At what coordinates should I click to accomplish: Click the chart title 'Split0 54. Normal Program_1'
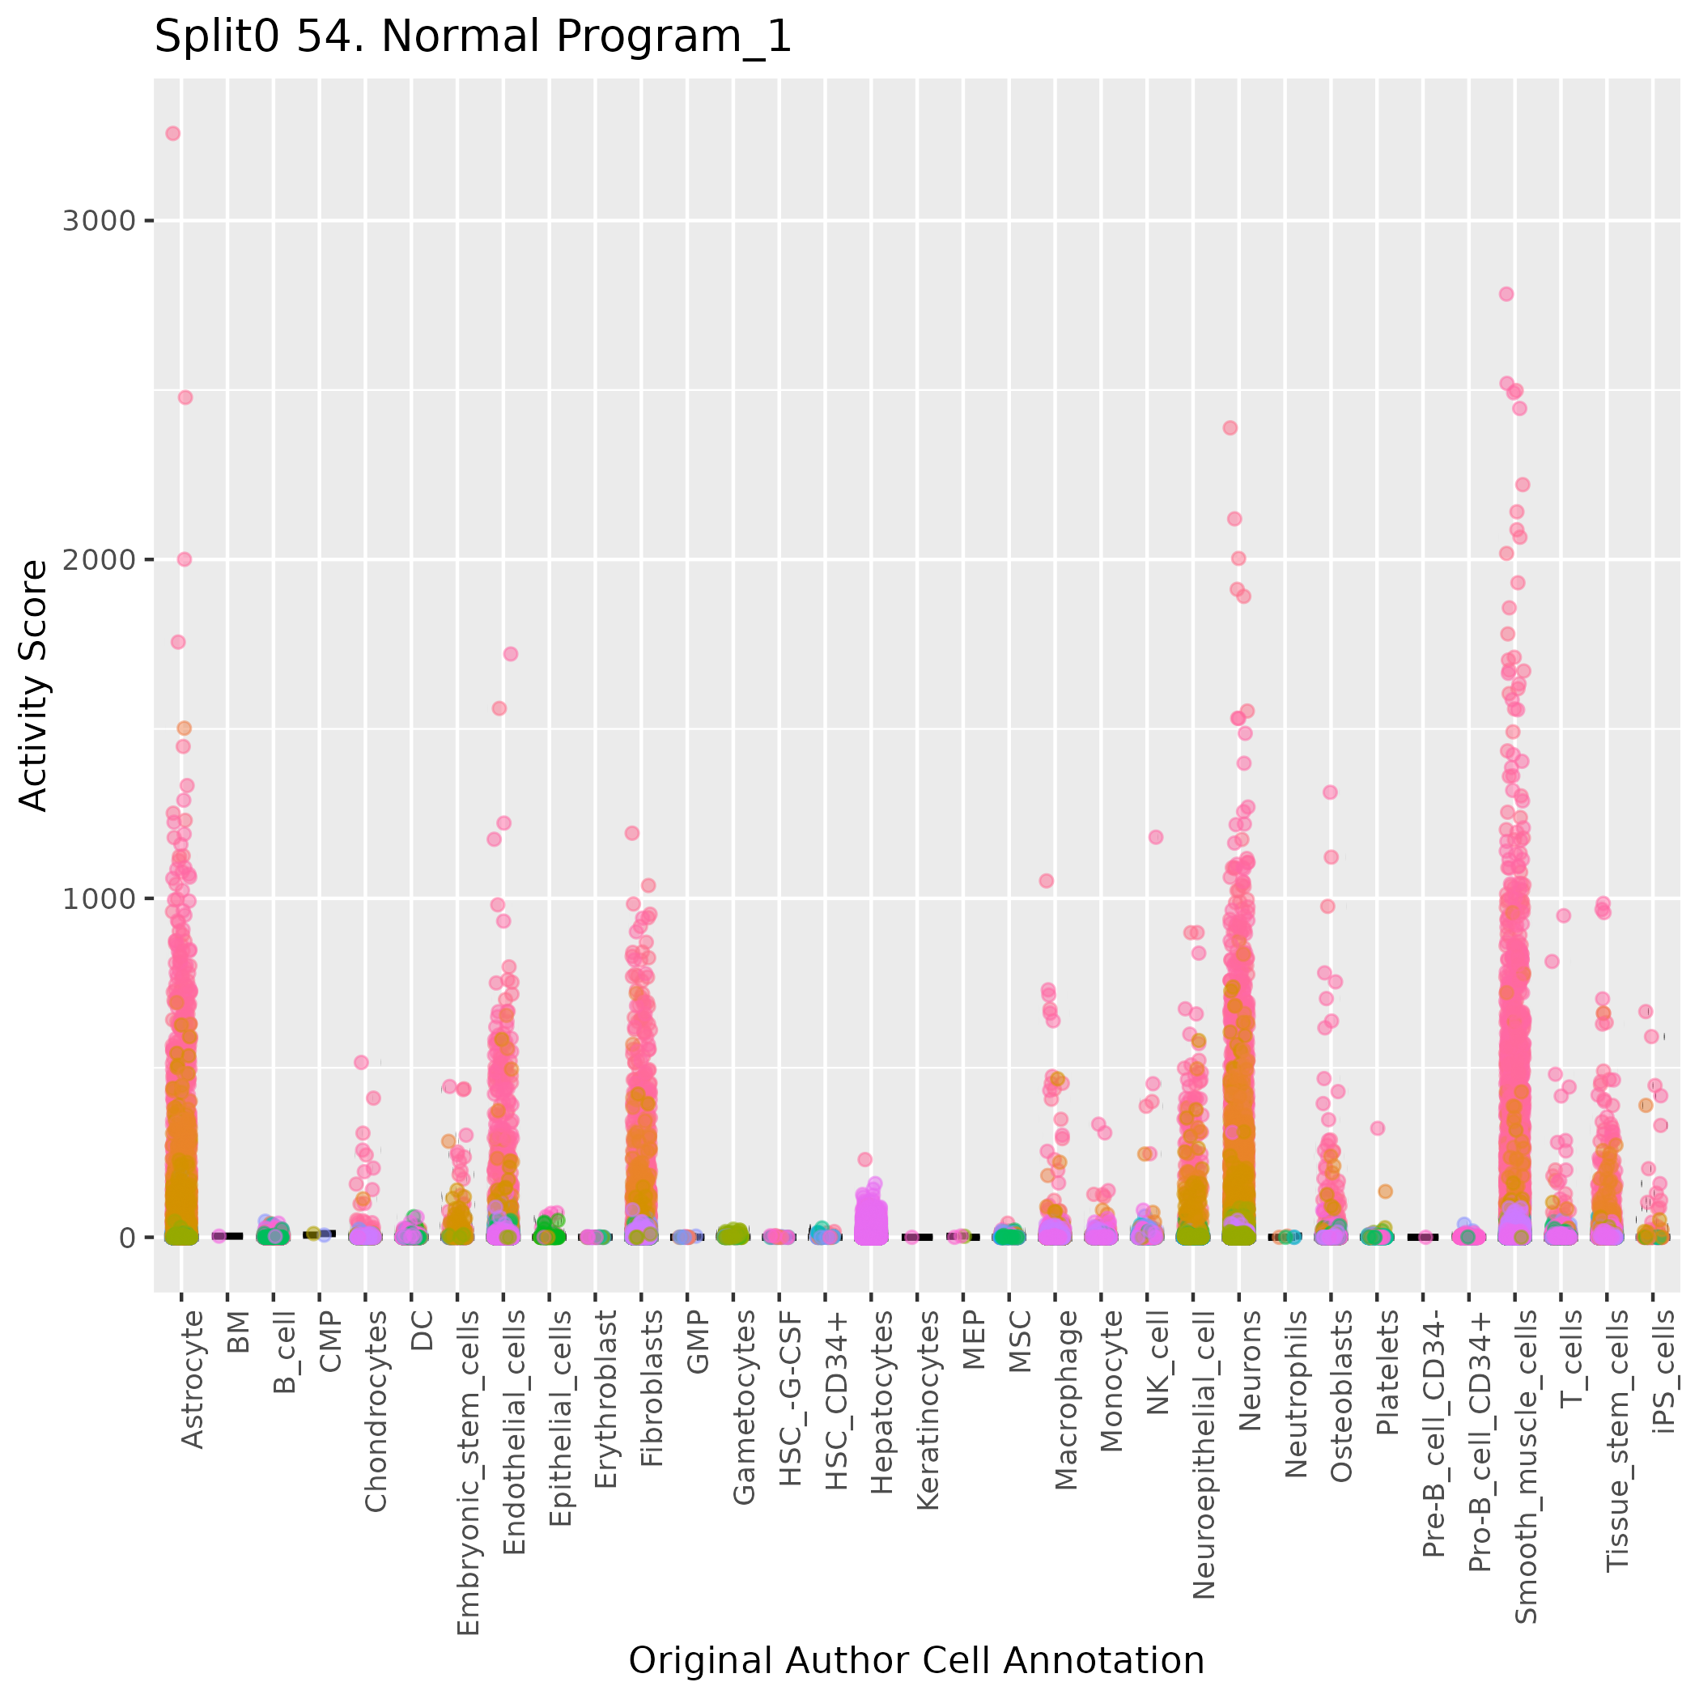click(474, 38)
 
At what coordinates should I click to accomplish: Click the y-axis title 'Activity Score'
click(33, 685)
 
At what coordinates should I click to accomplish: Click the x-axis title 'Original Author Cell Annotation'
click(915, 1660)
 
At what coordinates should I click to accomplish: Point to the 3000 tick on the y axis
click(99, 221)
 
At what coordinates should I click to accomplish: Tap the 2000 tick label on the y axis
click(99, 559)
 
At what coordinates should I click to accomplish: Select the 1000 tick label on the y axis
click(99, 898)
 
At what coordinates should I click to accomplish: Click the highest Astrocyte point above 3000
click(173, 134)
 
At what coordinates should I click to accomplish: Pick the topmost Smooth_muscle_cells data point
click(1506, 294)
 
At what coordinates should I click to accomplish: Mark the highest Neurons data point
click(1230, 428)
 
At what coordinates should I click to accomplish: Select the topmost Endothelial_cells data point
click(510, 653)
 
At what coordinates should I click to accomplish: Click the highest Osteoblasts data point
click(1331, 792)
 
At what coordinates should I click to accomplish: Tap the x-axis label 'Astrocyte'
click(192, 1379)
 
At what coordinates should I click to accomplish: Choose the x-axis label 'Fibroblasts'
click(652, 1388)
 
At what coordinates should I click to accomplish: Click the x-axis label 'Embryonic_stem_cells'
click(468, 1473)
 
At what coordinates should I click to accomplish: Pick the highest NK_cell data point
click(1156, 837)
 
